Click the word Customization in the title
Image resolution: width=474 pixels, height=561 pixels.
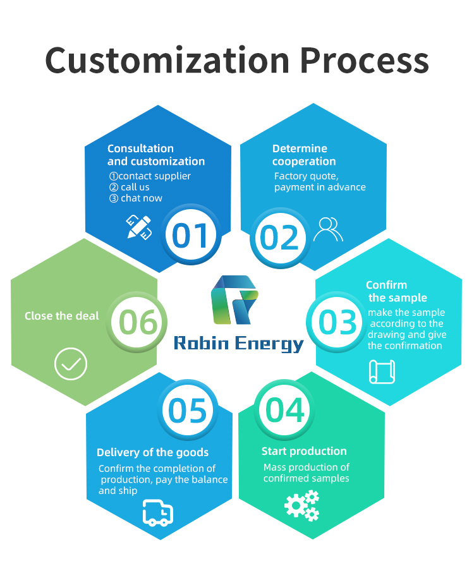tap(167, 60)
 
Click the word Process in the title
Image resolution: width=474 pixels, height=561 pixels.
tap(364, 60)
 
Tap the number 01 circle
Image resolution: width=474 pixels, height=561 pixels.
tap(190, 234)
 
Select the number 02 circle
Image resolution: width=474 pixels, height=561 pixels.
tap(279, 237)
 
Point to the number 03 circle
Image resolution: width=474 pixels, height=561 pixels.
tap(336, 322)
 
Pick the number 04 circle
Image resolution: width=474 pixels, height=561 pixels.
tap(284, 409)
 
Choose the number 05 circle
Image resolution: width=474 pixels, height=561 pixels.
tap(187, 409)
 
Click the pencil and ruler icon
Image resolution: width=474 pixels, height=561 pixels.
tap(139, 227)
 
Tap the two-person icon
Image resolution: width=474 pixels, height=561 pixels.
tap(328, 229)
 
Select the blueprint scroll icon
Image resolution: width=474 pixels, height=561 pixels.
tap(382, 371)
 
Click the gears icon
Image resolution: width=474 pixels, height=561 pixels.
tap(302, 505)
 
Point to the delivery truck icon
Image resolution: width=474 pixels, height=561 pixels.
tap(158, 513)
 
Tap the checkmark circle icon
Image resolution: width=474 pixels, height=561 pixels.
tap(71, 363)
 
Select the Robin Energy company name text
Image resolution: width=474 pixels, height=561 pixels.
tap(238, 344)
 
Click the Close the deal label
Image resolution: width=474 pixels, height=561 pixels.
tap(61, 316)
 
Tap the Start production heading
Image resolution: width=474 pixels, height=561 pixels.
tap(304, 451)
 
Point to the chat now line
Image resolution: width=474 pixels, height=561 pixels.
tap(136, 198)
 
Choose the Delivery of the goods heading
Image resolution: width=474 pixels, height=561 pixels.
tap(152, 452)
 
